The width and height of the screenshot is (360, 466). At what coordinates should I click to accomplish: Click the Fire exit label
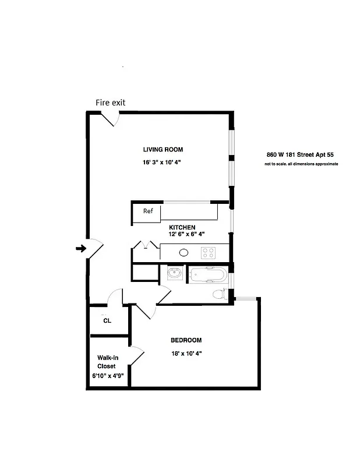pos(110,103)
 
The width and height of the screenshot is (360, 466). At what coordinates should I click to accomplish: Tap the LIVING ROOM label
pos(163,150)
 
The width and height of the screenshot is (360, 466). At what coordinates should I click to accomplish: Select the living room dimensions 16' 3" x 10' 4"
pos(163,163)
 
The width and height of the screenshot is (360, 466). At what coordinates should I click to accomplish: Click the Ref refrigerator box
pos(147,211)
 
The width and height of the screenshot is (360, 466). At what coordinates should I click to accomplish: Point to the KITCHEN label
pos(182,227)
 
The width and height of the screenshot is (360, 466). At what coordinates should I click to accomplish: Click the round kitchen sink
pos(183,253)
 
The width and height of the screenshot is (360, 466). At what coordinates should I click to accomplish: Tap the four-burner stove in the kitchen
pos(209,253)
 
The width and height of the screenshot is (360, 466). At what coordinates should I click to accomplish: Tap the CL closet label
pos(107,320)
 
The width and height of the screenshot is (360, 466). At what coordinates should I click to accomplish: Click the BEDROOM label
pos(186,340)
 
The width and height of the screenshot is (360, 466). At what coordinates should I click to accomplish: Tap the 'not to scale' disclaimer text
pos(301,164)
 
